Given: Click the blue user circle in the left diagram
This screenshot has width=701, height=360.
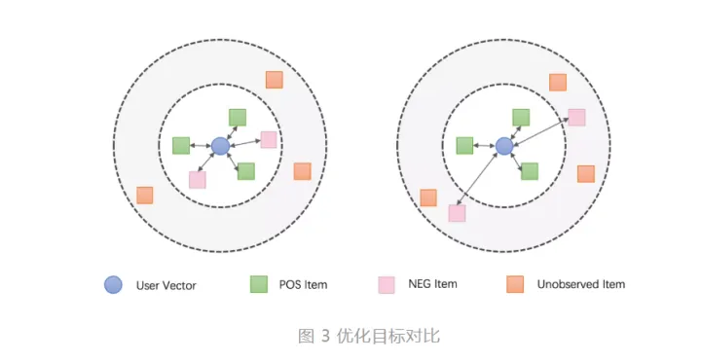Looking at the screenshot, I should [220, 146].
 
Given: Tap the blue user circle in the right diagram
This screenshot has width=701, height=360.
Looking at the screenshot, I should [503, 146].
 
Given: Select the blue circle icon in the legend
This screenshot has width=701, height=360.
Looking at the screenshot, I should [114, 284].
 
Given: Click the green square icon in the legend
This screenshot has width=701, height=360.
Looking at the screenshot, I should [259, 284].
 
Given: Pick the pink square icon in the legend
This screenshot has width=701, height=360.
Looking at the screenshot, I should [387, 284].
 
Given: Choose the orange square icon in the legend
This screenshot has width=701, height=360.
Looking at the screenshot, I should [515, 284].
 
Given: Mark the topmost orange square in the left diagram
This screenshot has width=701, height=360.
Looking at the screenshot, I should [275, 80].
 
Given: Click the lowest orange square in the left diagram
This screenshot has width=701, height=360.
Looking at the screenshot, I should [145, 195].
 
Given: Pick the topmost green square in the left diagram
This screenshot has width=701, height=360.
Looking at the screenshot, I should [238, 117].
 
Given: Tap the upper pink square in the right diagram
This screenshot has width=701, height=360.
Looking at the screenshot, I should [576, 117].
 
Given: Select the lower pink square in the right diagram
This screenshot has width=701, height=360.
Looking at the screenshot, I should [457, 213].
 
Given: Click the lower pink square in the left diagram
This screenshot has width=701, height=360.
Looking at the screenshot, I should [198, 179].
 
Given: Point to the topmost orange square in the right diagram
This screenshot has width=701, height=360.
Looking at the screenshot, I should [558, 83].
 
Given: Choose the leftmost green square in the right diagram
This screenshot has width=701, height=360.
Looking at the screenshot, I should [464, 146].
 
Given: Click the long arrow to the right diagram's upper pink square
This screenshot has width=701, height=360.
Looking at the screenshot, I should [540, 131].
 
